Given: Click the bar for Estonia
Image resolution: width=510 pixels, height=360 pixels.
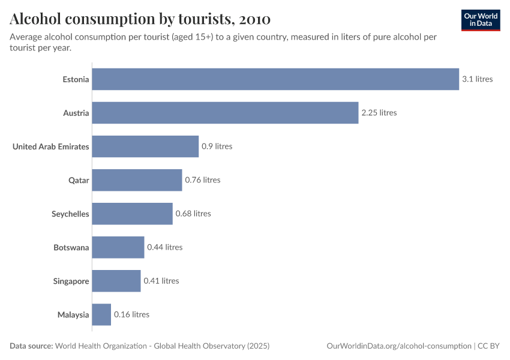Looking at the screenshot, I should click(x=275, y=79).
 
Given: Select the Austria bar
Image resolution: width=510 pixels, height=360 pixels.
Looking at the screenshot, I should click(x=225, y=113).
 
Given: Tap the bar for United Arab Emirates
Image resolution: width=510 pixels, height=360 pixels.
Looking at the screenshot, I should click(x=145, y=146).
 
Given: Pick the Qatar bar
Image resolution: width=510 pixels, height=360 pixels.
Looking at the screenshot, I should click(x=137, y=180).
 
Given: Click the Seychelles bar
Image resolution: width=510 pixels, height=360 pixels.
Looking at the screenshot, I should click(x=132, y=214).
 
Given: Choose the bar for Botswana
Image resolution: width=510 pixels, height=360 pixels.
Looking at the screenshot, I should click(x=118, y=247).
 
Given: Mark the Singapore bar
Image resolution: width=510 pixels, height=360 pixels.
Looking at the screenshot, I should click(x=116, y=281).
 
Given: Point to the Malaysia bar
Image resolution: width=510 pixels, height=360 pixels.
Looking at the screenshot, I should click(x=101, y=314).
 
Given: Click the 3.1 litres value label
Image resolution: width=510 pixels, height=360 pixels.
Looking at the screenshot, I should click(x=477, y=79).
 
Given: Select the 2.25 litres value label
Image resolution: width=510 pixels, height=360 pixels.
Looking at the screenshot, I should click(x=379, y=113).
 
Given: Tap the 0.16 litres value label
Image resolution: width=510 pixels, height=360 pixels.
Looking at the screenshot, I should click(x=131, y=314).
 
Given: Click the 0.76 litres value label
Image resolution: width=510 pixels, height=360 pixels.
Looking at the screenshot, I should click(x=202, y=180).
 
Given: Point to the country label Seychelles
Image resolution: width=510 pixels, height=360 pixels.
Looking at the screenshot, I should click(x=70, y=214).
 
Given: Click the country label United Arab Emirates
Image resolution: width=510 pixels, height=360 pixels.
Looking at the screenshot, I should click(x=51, y=146).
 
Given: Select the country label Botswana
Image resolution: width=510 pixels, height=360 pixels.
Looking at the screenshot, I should click(x=71, y=247).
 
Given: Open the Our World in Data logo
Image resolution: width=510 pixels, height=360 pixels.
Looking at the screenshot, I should click(x=480, y=20).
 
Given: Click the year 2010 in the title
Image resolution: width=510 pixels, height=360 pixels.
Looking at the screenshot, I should click(x=254, y=19).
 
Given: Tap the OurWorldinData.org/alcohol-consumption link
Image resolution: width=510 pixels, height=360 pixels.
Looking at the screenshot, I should click(x=399, y=346).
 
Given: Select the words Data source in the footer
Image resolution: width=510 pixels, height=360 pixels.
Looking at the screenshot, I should click(x=31, y=346).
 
